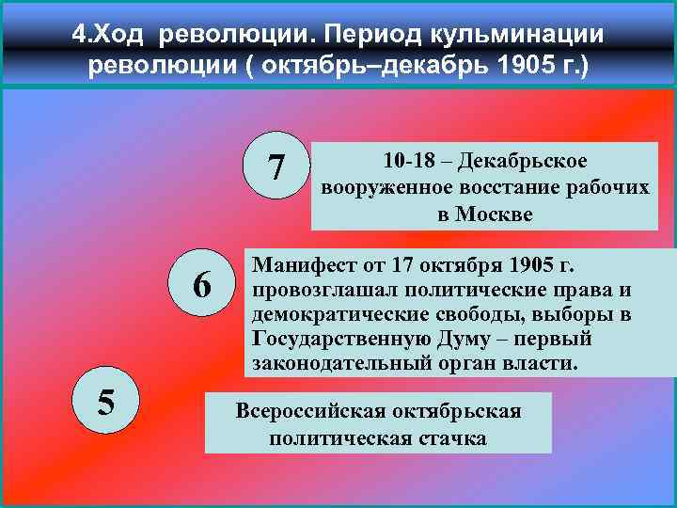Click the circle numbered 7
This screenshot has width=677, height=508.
point(276,167)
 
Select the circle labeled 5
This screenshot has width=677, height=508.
point(106,402)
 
